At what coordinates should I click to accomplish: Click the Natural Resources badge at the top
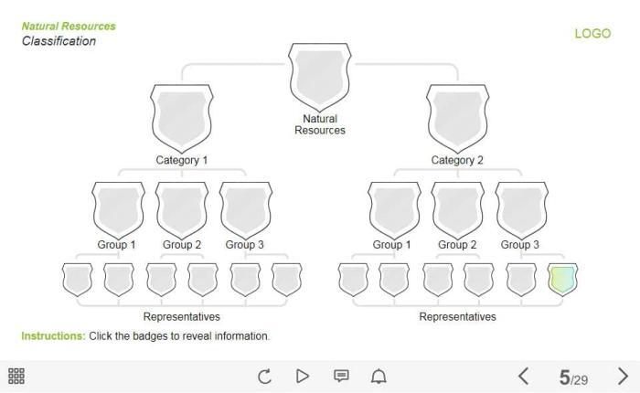pos(320,73)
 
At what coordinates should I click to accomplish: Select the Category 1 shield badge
pos(181,115)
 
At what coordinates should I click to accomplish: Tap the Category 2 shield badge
pos(457,115)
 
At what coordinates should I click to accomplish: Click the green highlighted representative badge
pos(562,279)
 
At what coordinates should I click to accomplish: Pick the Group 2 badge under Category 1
pos(182,208)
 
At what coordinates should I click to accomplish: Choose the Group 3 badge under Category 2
pos(521,208)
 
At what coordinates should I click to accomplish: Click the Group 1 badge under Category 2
pos(394,208)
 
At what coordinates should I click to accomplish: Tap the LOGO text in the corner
pos(592,34)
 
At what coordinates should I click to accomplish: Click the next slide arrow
pos(624,376)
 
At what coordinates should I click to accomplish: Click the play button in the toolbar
pos(303,376)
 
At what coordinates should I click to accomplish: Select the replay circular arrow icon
pos(264,376)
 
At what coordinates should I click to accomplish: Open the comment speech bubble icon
pos(341,376)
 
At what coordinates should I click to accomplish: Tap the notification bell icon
pos(379,376)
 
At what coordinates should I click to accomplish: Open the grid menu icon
pos(16,376)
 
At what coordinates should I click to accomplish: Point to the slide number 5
pos(564,377)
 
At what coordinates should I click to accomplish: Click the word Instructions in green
pos(53,336)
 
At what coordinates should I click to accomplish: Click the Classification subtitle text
pos(59,41)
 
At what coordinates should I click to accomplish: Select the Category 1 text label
pos(181,161)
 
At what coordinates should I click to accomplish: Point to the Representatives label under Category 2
pos(457,317)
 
